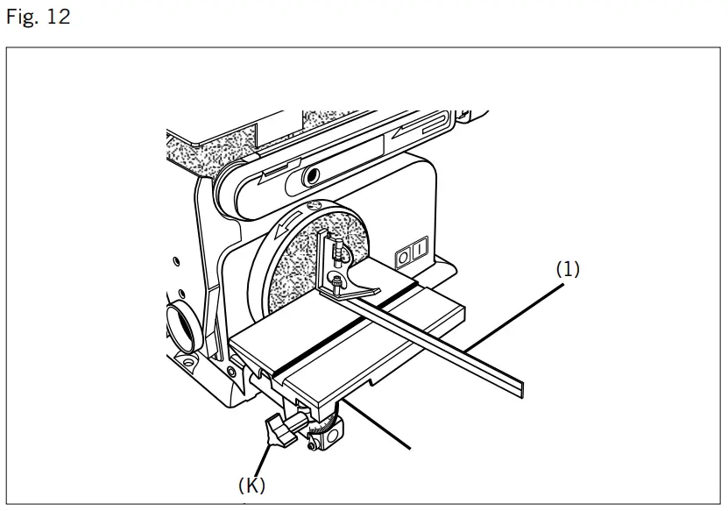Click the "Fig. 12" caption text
(x=38, y=18)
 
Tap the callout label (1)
(x=568, y=270)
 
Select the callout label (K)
(x=251, y=483)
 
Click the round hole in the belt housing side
(x=307, y=179)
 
